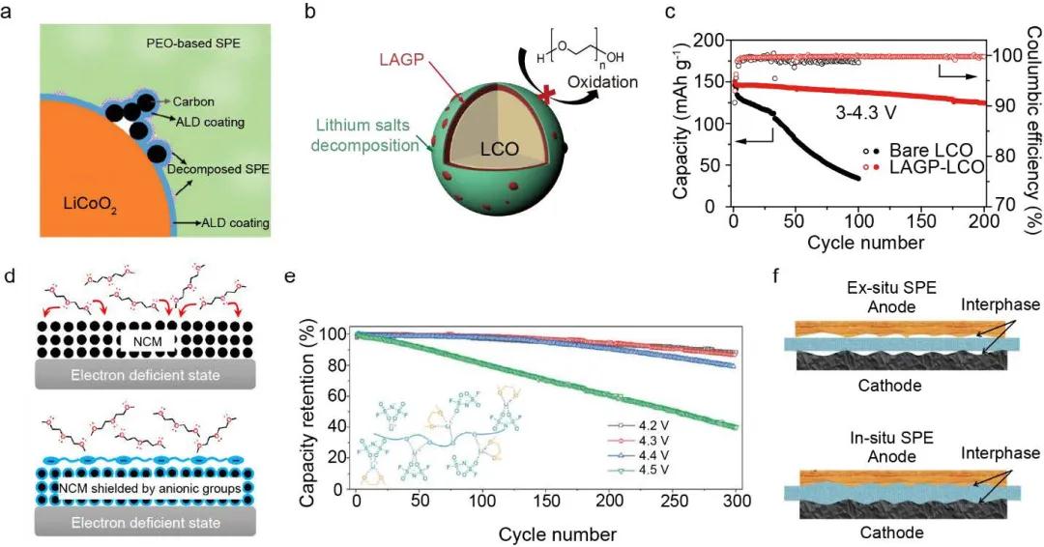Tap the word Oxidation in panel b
point(602,82)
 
